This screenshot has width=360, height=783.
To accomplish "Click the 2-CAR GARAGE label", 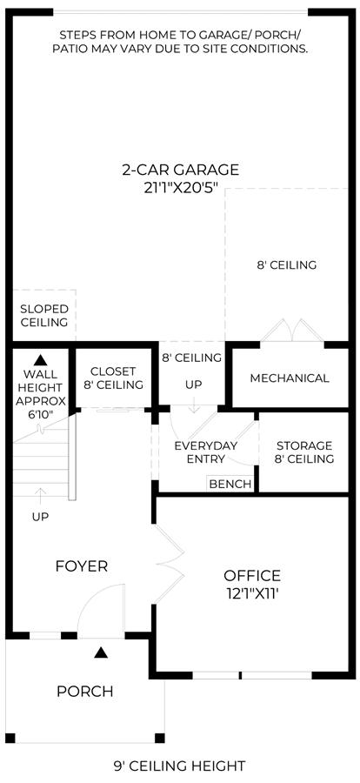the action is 180,170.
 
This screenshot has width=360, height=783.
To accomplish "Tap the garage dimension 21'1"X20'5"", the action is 180,189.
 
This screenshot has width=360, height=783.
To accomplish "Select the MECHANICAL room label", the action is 290,378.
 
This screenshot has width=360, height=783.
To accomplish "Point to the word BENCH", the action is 230,484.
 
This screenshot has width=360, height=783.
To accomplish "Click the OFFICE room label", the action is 252,576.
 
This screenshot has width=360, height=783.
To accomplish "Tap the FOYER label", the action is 82,566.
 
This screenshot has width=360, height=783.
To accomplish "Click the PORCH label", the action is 85,692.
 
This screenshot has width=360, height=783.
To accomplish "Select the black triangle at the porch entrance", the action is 102,652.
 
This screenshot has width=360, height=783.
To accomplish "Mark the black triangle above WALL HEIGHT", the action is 40,359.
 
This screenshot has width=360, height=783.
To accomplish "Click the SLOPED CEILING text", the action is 44,315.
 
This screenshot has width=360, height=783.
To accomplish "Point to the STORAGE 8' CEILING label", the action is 304,452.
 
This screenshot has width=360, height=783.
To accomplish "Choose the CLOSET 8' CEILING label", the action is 113,378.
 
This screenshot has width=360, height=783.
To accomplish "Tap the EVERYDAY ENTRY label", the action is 206,452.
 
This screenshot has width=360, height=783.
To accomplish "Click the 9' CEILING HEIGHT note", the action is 180,766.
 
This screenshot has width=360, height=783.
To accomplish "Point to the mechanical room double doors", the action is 292,330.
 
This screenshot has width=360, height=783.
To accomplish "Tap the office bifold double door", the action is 170,558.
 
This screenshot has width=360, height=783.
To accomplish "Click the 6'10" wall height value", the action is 40,414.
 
